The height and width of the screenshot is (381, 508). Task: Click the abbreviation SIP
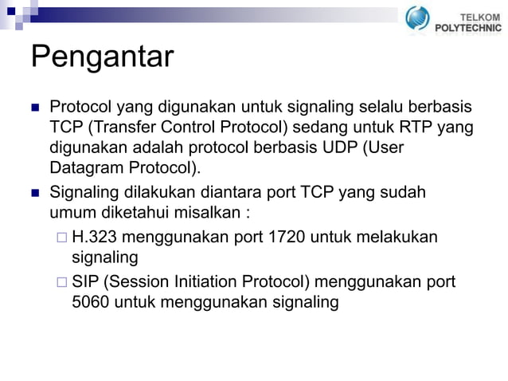(x=85, y=281)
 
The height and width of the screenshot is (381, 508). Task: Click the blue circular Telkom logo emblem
(x=416, y=18)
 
